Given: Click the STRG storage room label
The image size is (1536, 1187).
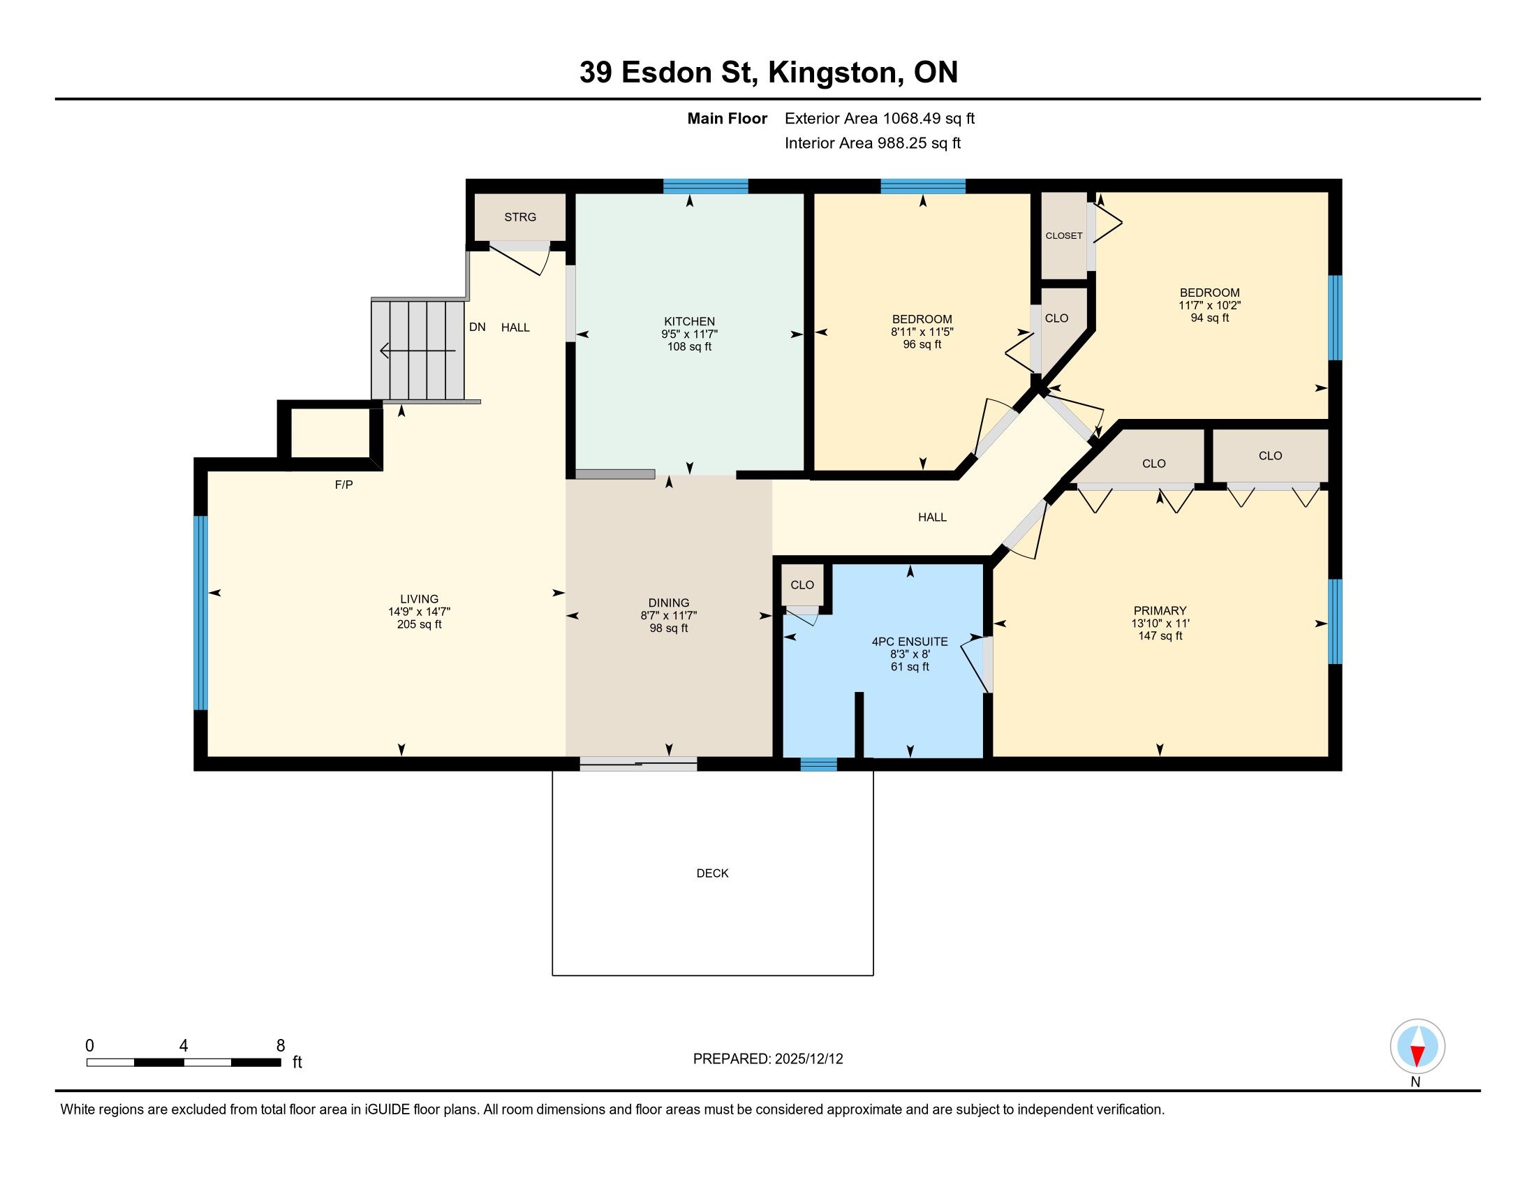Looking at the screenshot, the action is coord(519,217).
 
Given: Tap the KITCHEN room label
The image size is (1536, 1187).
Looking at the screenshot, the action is coord(689,321).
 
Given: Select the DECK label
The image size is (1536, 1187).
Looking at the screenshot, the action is coord(712,873).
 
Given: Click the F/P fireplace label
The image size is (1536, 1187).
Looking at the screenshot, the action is coord(344,485).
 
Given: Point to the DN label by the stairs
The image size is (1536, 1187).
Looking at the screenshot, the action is coord(478,327).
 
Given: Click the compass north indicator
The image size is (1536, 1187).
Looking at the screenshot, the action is coord(1417,1046).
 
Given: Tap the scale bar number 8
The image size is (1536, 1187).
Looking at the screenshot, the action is coord(281,1046).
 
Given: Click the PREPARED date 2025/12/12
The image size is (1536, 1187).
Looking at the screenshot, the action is coord(808,1059).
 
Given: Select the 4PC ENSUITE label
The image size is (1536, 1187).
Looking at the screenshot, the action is coord(909,641).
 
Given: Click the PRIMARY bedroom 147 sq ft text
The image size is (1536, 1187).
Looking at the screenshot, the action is coord(1160,635).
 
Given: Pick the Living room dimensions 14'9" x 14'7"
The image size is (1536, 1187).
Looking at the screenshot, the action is coord(419,612).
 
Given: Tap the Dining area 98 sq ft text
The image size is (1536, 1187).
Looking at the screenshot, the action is coord(669,628).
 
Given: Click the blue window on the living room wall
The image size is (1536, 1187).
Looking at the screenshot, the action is coord(201,613).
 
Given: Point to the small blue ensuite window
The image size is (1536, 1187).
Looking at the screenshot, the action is coord(819,765).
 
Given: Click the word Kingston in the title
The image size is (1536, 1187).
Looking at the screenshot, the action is coord(833,73).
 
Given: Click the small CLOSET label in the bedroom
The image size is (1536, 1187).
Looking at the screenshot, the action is coord(1063,235).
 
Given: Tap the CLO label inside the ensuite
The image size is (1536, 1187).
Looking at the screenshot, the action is coord(802,585).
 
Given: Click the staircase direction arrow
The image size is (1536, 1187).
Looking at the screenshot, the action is coord(418,351).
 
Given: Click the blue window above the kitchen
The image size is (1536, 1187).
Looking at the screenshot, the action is coord(705,186).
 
